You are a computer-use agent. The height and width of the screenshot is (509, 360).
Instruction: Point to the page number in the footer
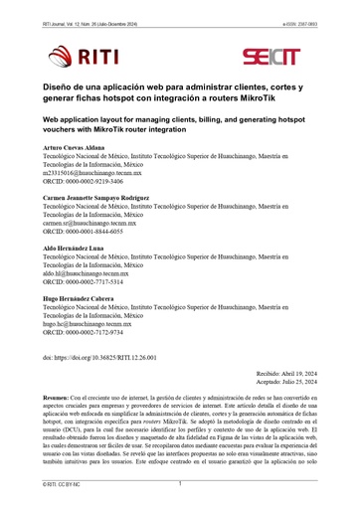(180, 484)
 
